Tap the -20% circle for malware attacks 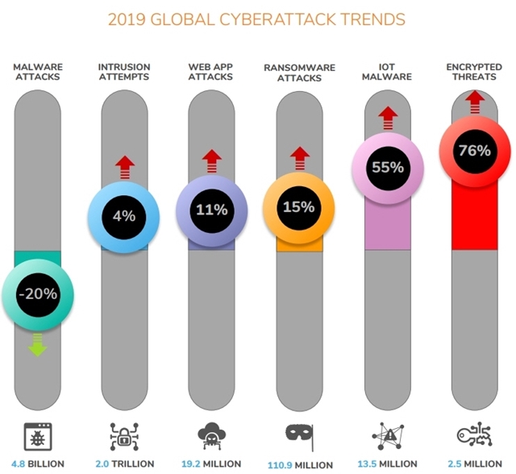(38, 294)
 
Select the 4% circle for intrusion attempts (123, 215)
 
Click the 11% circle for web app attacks (211, 210)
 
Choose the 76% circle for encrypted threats (474, 151)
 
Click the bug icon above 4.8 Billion (38, 435)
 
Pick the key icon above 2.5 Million (474, 435)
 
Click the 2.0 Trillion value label (124, 464)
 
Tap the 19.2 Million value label (211, 464)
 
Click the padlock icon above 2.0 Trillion (124, 435)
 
